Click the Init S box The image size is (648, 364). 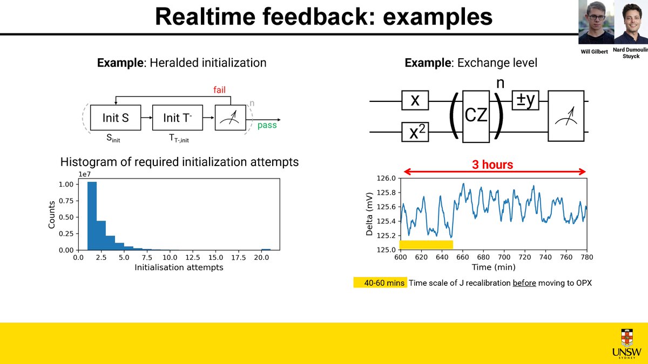(116, 118)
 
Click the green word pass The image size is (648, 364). (267, 125)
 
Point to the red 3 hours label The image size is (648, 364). (493, 164)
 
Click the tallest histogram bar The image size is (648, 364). (92, 216)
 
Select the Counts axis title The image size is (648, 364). (52, 215)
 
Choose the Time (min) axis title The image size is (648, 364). (492, 267)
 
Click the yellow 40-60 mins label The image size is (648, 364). (380, 283)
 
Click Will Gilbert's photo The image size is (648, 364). (596, 23)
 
